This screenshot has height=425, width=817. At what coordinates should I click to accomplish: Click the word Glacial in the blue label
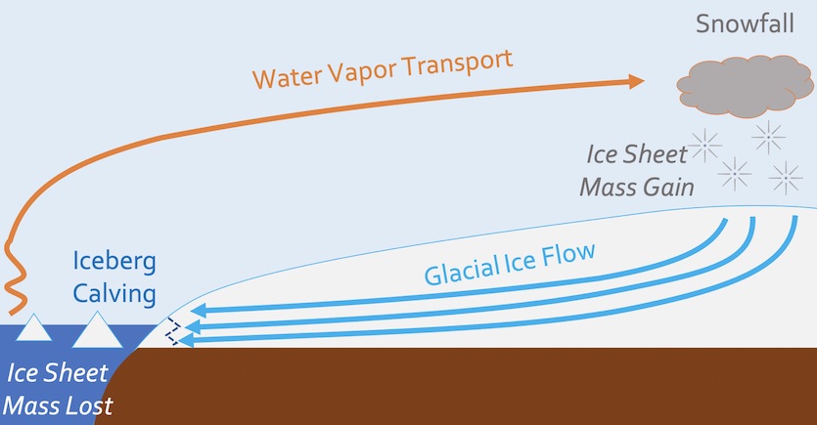click(469, 266)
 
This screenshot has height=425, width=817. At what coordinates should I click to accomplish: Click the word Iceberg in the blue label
click(114, 262)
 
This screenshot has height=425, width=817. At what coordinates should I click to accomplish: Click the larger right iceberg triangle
click(98, 332)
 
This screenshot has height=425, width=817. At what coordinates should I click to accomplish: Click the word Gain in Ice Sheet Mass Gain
click(664, 185)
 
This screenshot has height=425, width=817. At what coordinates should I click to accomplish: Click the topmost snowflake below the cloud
click(768, 137)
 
